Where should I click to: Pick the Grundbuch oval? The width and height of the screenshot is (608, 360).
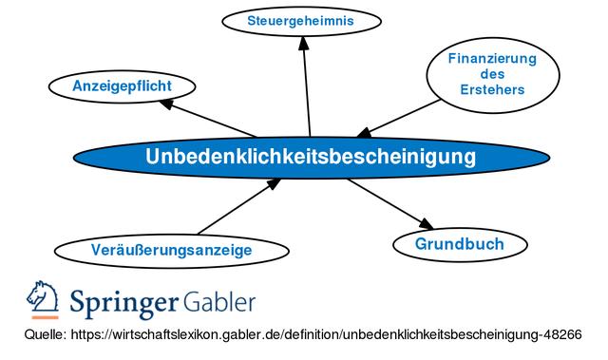[x=459, y=244]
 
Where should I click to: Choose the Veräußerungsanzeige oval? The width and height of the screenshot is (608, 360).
[x=171, y=251]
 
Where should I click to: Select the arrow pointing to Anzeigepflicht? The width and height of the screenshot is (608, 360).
[x=214, y=118]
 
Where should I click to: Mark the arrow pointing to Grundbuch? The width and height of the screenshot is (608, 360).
[x=390, y=204]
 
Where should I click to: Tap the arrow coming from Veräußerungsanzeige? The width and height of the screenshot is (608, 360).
[x=237, y=208]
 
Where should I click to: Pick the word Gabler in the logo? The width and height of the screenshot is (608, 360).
[x=219, y=303]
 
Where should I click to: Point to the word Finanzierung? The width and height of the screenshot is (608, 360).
[x=493, y=58]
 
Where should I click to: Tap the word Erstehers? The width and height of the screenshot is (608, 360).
[x=493, y=90]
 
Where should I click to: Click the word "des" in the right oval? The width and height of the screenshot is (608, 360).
[x=493, y=74]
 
